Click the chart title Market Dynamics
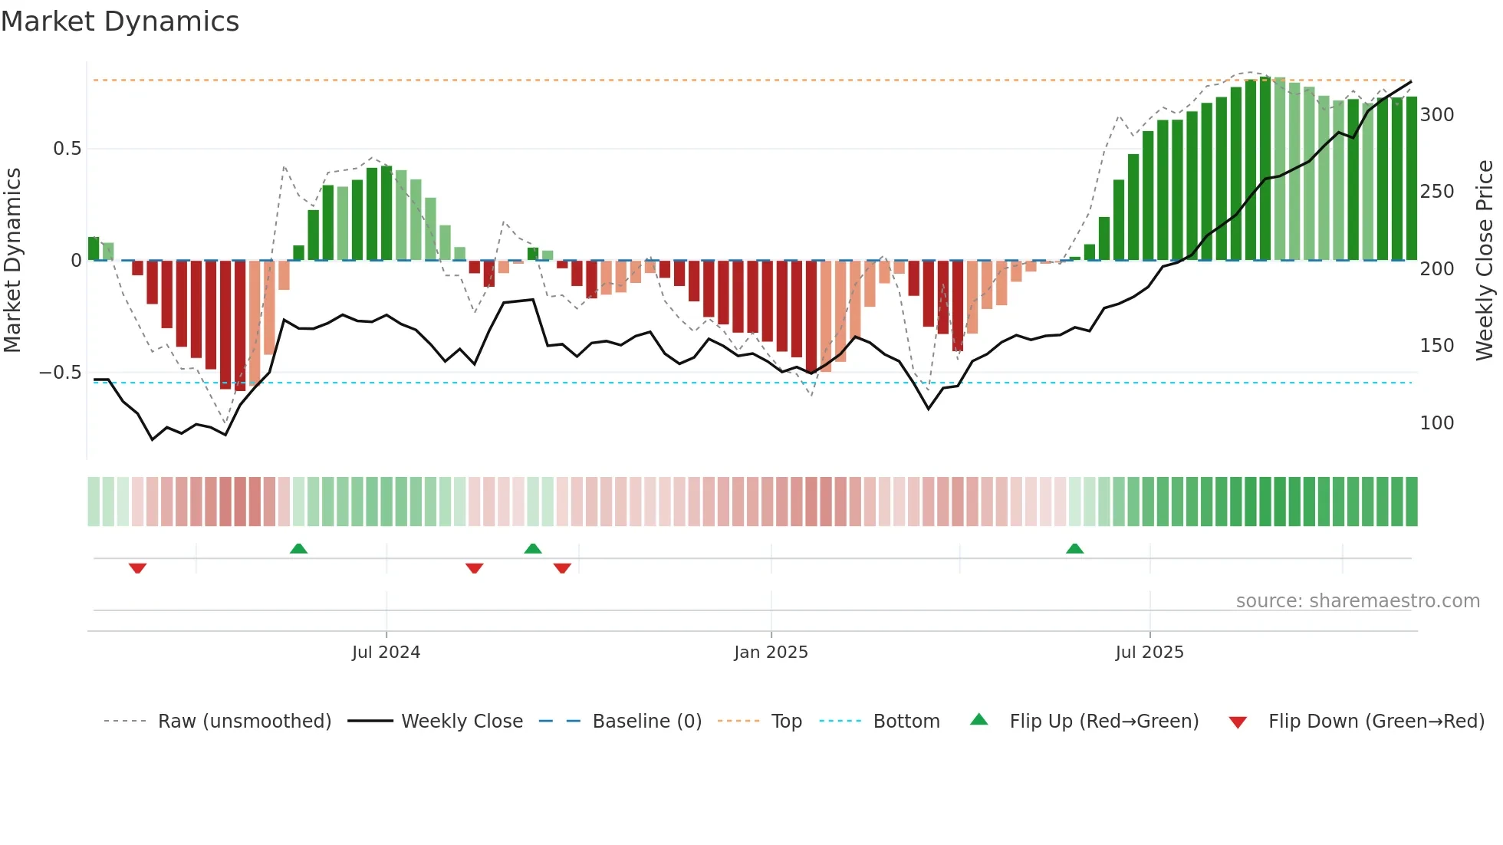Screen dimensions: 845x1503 (x=120, y=21)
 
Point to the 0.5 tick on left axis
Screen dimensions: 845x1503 (x=67, y=149)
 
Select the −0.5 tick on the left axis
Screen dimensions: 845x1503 (x=61, y=373)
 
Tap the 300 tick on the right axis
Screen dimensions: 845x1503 (x=1436, y=115)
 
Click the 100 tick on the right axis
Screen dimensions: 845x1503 (x=1436, y=423)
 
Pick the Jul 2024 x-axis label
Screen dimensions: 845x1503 (x=386, y=653)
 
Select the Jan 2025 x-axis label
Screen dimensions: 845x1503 (x=771, y=653)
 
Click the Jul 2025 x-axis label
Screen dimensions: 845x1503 (x=1149, y=653)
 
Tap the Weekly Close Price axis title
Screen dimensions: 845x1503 (x=1485, y=261)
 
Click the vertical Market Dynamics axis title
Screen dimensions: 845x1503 (x=12, y=261)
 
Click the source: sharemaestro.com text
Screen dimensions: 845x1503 (x=1357, y=601)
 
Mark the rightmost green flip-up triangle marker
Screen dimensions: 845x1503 (x=1074, y=549)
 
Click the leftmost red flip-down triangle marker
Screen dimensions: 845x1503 (x=137, y=568)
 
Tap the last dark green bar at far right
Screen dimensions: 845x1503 (x=1411, y=179)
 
